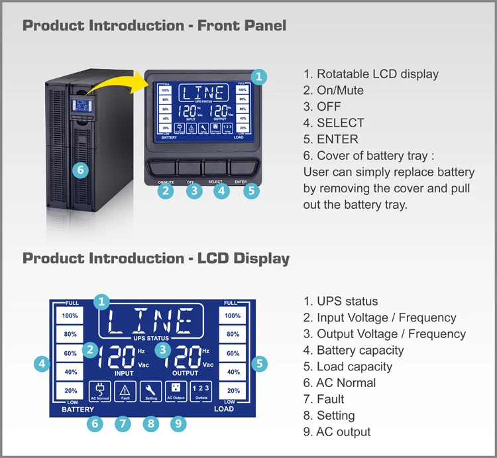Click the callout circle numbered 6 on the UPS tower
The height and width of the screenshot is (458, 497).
(80, 170)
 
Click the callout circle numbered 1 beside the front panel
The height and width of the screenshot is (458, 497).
(259, 76)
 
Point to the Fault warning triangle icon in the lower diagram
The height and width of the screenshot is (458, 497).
(125, 391)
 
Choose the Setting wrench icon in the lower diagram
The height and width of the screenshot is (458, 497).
(151, 391)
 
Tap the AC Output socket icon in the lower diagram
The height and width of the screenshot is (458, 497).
(176, 391)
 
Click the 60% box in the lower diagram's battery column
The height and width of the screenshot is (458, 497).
(70, 353)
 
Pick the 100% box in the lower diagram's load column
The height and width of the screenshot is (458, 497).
(233, 315)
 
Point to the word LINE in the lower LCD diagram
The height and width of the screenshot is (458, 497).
(151, 320)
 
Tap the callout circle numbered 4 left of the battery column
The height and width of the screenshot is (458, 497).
(42, 363)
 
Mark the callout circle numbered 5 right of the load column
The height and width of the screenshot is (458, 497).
(260, 363)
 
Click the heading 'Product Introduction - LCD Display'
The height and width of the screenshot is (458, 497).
(156, 258)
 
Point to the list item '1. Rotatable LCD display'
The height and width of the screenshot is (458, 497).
(371, 74)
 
